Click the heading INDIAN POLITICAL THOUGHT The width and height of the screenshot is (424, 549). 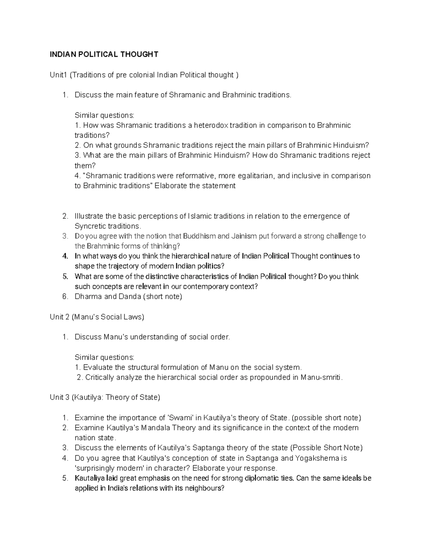(x=104, y=54)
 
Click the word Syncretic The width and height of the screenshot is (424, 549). (x=89, y=226)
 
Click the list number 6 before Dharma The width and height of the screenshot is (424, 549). (x=65, y=296)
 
